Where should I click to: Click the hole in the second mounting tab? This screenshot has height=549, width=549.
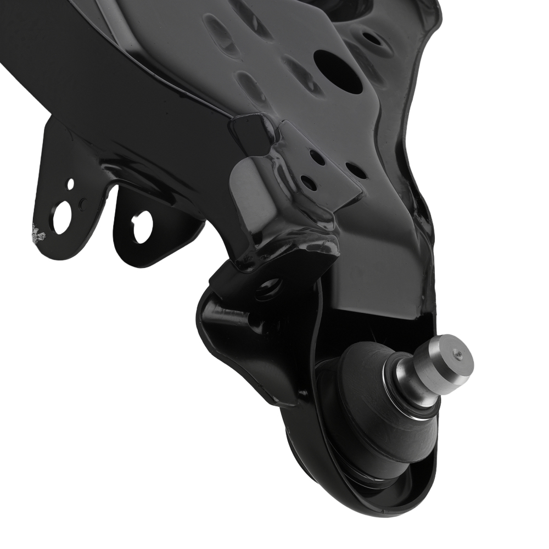coord(142,227)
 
